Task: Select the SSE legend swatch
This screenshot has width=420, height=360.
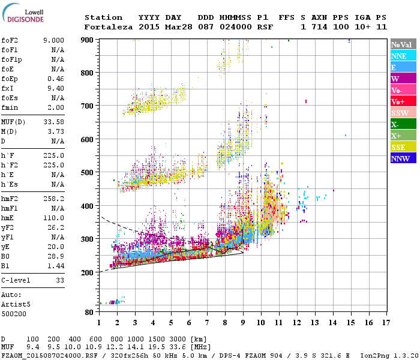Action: pyautogui.click(x=403, y=147)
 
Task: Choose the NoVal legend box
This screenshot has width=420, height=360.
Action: pyautogui.click(x=403, y=44)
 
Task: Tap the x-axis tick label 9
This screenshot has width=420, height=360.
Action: pyautogui.click(x=243, y=323)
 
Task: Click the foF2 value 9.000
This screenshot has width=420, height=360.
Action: pyautogui.click(x=53, y=40)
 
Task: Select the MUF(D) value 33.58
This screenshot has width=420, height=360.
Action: pyautogui.click(x=53, y=122)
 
